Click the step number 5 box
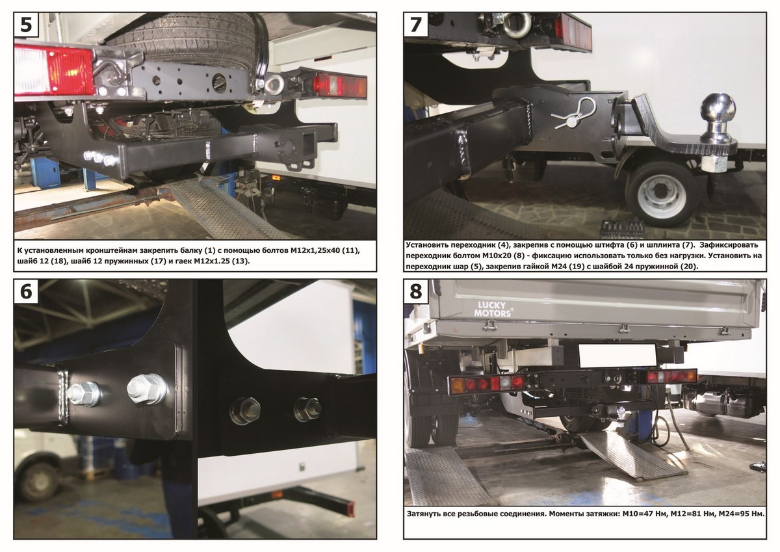click(x=26, y=25)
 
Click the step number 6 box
click(x=26, y=291)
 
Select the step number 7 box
click(x=416, y=25)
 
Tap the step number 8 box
click(x=416, y=291)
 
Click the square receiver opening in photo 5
click(x=309, y=140)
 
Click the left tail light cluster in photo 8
click(x=487, y=384)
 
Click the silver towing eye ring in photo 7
click(x=518, y=24)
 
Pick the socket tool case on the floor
click(x=622, y=228)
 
